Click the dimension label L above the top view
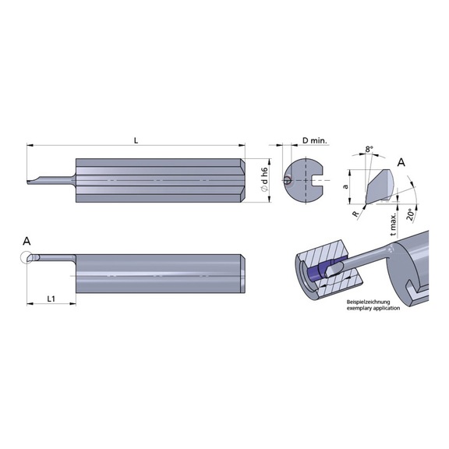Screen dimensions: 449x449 (x=136, y=140)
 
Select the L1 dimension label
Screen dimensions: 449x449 (x=51, y=298)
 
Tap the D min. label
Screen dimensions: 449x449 (x=315, y=141)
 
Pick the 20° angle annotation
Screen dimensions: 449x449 (x=411, y=211)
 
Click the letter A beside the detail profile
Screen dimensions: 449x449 (x=401, y=162)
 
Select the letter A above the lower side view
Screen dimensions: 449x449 (x=27, y=241)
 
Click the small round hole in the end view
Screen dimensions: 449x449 (x=289, y=181)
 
